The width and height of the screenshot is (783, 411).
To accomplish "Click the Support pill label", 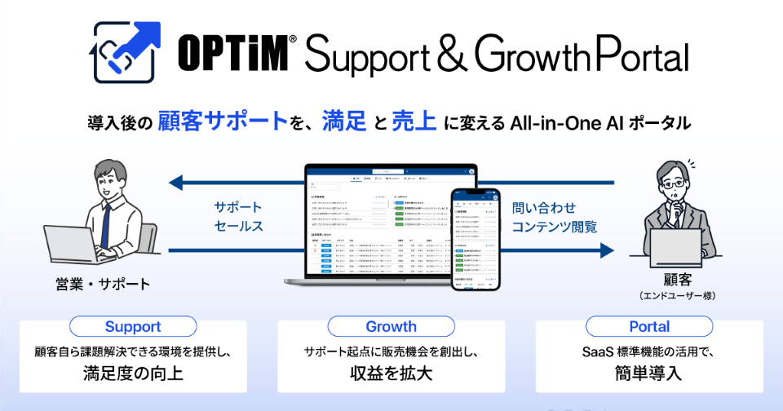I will pos(133,327).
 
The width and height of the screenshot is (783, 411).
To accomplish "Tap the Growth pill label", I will pos(391,327).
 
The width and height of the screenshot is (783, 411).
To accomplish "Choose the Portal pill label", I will pos(649,327).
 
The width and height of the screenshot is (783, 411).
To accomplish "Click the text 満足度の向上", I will pos(133,374).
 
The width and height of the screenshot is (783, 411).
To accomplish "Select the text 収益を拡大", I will pos(391,374).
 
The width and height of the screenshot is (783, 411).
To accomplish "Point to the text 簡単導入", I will pos(649,374).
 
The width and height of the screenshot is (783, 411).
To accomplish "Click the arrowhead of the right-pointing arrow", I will pos(605,250).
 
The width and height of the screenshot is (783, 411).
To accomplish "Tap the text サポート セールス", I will pos(237,215).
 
